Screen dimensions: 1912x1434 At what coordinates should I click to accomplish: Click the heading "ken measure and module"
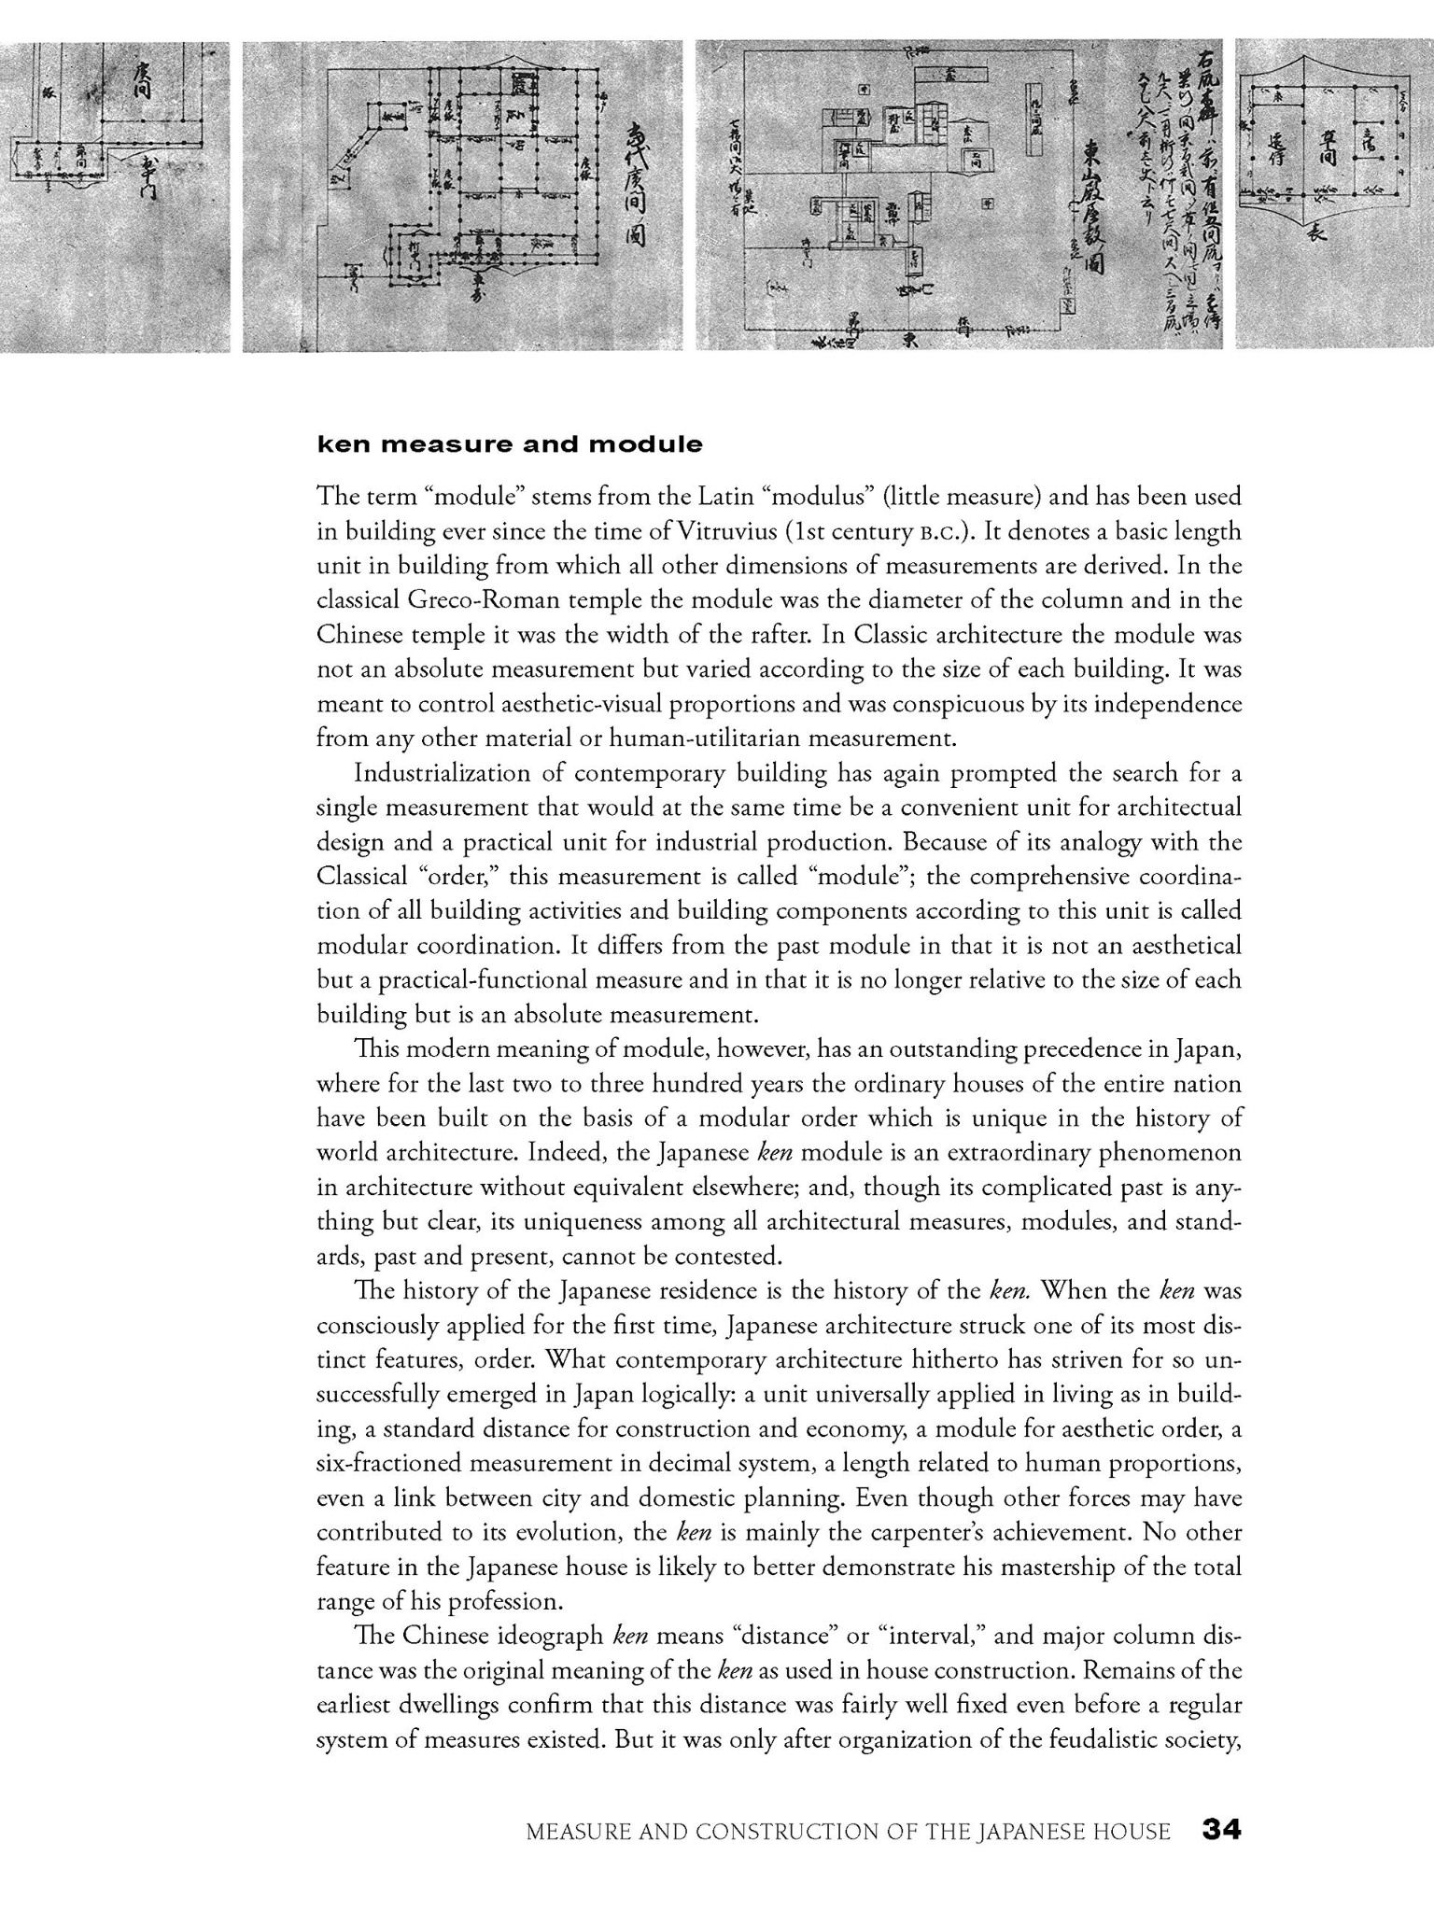[x=509, y=444]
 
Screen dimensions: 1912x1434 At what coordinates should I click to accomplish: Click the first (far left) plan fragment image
[x=114, y=196]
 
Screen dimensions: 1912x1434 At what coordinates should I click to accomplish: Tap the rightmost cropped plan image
[x=1333, y=196]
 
